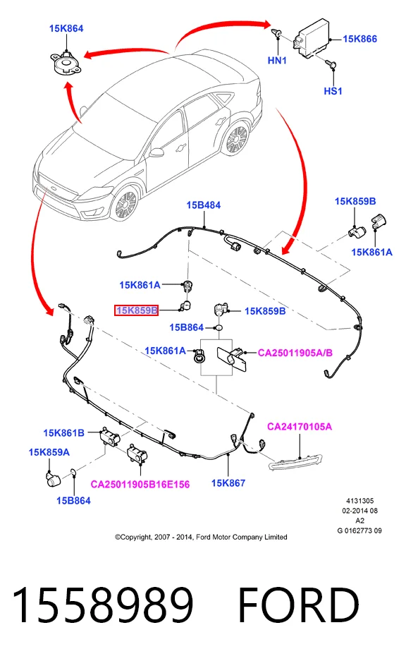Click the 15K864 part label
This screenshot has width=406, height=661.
pyautogui.click(x=66, y=29)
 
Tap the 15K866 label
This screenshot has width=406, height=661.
pyautogui.click(x=359, y=40)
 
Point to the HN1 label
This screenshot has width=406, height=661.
pyautogui.click(x=277, y=61)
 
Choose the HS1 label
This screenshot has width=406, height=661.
pyautogui.click(x=333, y=91)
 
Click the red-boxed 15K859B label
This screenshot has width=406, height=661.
pyautogui.click(x=137, y=310)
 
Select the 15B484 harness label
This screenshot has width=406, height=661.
pyautogui.click(x=204, y=205)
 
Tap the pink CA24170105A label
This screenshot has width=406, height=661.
pyautogui.click(x=300, y=427)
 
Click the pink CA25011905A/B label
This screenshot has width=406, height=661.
pyautogui.click(x=295, y=353)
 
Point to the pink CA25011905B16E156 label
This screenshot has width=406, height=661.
pyautogui.click(x=140, y=485)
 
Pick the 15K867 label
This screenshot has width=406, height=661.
pyautogui.click(x=228, y=483)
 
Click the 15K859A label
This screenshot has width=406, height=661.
pyautogui.click(x=49, y=453)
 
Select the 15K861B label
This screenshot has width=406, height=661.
pyautogui.click(x=63, y=433)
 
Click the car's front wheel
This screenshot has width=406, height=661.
pyautogui.click(x=125, y=204)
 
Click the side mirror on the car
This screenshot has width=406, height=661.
pyautogui.click(x=156, y=152)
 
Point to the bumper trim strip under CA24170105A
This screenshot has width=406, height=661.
pyautogui.click(x=295, y=462)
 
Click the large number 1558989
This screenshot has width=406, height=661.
pyautogui.click(x=103, y=605)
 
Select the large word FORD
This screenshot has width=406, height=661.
pyautogui.click(x=299, y=605)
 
